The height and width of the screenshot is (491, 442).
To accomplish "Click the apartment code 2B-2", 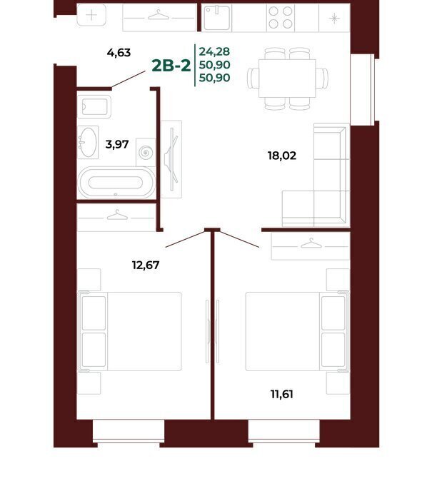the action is click(171, 66).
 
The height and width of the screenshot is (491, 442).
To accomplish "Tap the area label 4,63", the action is click(119, 53).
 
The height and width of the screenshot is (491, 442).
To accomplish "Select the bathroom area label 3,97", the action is click(117, 144).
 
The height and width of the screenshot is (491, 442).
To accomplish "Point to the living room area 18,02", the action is click(282, 156).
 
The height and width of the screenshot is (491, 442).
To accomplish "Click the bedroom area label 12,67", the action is click(146, 265).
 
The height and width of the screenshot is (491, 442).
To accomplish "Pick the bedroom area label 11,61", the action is click(281, 394).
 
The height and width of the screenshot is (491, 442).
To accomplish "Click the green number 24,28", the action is click(215, 51).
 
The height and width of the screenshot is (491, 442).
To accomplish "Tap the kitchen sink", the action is click(217, 18).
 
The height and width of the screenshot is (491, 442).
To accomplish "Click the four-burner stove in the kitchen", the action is click(281, 18).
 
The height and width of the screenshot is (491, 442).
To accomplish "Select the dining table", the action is click(287, 79).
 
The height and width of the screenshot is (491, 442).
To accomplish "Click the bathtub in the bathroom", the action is click(116, 183).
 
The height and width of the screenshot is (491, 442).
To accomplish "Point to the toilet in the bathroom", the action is click(94, 106).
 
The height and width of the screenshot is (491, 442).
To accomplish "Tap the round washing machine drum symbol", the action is click(146, 153).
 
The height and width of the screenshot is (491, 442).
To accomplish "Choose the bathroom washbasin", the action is click(88, 143).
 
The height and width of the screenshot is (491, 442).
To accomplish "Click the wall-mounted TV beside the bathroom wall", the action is click(171, 159).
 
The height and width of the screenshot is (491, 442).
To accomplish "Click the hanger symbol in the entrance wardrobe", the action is click(159, 15).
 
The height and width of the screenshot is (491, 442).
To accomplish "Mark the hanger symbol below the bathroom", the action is click(117, 215).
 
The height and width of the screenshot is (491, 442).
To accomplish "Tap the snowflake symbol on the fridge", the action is click(334, 18).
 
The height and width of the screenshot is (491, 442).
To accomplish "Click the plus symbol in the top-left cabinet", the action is click(91, 15).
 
